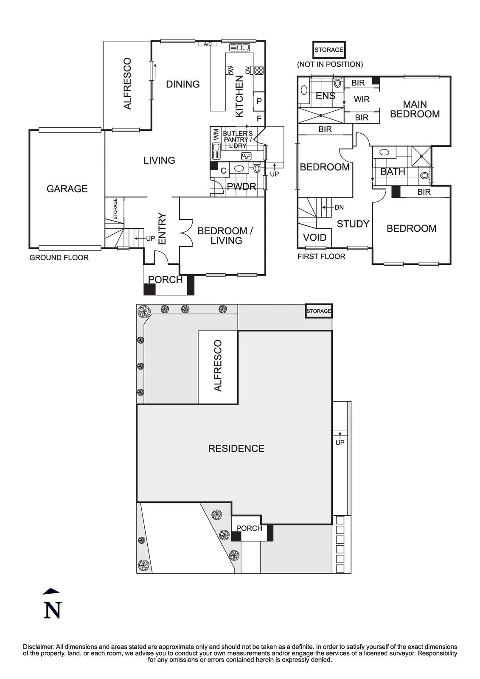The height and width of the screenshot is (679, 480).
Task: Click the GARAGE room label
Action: click(67, 189)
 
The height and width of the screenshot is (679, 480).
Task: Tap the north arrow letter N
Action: click(53, 610)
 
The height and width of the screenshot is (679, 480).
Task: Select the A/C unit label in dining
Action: click(208, 44)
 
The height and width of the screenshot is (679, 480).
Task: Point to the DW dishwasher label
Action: click(231, 70)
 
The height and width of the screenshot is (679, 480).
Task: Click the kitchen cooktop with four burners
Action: click(258, 70)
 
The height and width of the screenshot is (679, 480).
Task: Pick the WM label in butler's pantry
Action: click(216, 134)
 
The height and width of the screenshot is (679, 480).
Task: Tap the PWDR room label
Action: click(241, 186)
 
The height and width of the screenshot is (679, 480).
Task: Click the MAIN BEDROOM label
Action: click(415, 109)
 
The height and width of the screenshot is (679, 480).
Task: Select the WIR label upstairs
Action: click(362, 99)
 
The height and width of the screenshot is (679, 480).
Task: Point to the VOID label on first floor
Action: click(315, 237)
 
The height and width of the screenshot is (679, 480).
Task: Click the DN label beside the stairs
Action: click(339, 208)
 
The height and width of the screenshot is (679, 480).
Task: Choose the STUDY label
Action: click(353, 224)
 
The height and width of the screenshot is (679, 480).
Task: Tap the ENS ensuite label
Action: click(326, 96)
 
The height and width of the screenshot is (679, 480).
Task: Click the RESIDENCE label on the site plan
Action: click(236, 448)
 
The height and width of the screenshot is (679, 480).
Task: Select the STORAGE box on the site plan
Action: click(319, 311)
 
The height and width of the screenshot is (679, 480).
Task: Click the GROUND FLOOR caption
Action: click(59, 258)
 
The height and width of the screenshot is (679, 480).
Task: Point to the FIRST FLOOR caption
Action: click(321, 256)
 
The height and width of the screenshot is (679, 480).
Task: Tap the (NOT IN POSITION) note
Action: click(330, 64)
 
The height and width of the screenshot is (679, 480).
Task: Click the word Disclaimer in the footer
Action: click(39, 647)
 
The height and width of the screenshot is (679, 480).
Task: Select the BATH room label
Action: click(393, 171)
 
